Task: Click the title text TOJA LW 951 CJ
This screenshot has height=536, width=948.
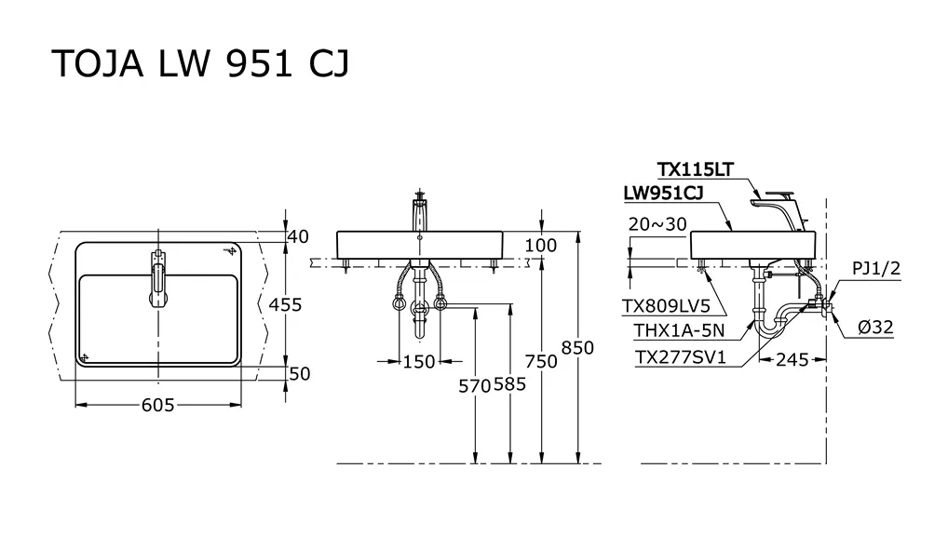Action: tap(201, 63)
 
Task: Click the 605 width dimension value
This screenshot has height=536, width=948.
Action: tap(157, 405)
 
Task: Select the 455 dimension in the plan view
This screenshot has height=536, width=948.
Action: tap(285, 304)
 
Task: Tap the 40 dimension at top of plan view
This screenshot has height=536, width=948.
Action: tap(298, 236)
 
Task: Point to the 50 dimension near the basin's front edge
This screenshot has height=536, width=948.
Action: tap(299, 374)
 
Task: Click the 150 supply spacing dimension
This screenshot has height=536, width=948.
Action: tap(419, 362)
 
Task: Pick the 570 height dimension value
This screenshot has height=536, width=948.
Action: tap(475, 385)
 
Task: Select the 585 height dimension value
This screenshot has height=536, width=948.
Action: tap(509, 383)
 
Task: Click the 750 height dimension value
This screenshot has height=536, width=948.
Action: tap(541, 361)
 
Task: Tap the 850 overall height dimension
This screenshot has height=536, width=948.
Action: tap(577, 348)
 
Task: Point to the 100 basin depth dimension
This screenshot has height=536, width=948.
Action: tap(540, 246)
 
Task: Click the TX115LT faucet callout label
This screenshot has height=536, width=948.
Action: tap(696, 169)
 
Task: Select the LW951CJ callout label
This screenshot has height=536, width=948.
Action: tap(663, 194)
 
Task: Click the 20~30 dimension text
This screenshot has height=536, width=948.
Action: tap(657, 224)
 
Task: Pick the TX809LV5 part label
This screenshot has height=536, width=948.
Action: tap(666, 306)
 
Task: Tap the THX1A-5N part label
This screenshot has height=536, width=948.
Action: tap(679, 330)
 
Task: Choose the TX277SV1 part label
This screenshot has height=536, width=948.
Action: tap(680, 357)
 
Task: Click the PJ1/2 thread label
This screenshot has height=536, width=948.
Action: tap(876, 268)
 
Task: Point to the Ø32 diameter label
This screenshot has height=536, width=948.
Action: tap(875, 327)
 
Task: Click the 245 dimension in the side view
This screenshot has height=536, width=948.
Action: tap(792, 360)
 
